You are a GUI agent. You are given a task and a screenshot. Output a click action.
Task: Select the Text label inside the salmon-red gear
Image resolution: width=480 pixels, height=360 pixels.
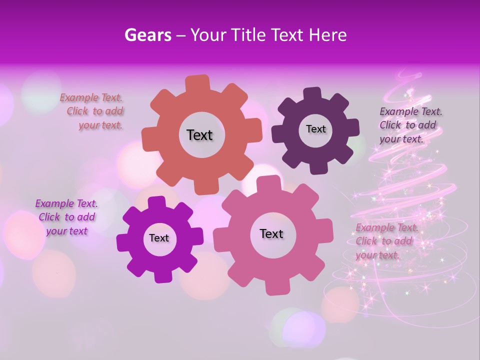pos(199,135)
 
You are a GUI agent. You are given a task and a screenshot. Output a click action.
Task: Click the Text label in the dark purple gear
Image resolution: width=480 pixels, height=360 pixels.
pos(315,129)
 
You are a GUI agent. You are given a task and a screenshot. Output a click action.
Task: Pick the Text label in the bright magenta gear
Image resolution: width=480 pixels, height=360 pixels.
pos(159,238)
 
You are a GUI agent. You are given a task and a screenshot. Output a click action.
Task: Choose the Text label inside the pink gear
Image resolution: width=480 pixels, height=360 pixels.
pos(271,233)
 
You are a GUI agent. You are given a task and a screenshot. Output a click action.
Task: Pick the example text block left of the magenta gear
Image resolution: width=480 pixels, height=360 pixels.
pos(66,217)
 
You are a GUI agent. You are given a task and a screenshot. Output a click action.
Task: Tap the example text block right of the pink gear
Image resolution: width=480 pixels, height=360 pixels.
pos(385,241)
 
